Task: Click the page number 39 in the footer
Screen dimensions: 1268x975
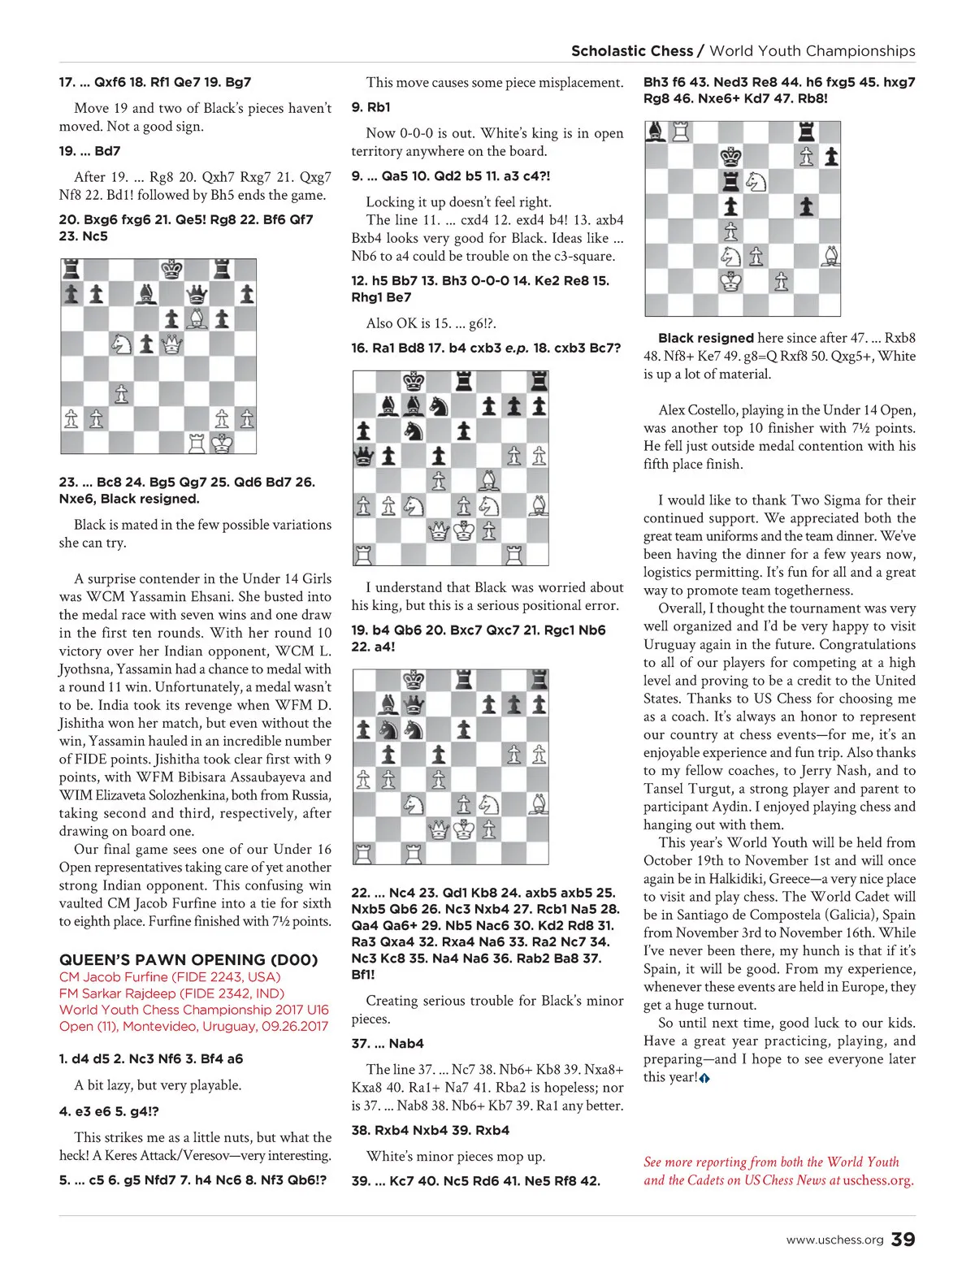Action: point(903,1240)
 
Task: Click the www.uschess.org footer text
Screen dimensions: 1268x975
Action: point(834,1240)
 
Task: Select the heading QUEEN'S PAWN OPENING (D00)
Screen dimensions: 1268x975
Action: point(188,959)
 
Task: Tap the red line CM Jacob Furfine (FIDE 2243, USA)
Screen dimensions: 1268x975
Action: point(170,977)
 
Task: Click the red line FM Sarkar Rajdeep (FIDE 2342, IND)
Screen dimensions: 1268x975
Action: point(171,993)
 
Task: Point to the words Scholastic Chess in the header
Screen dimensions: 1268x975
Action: point(632,51)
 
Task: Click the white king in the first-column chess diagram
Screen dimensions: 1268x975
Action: point(222,443)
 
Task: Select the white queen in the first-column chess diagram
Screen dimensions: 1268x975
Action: point(171,344)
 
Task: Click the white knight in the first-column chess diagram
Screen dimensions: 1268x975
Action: point(122,344)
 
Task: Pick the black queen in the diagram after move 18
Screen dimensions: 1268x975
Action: point(363,456)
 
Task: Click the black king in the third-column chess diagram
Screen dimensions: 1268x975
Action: point(731,156)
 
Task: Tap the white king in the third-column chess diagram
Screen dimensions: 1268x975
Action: point(731,282)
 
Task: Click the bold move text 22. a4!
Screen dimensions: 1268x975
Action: point(373,647)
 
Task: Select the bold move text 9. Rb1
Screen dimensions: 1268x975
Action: point(371,107)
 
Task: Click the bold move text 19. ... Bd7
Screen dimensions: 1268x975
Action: point(89,151)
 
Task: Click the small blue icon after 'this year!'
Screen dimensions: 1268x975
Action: point(704,1079)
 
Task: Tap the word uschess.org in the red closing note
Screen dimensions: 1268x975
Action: point(877,1180)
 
